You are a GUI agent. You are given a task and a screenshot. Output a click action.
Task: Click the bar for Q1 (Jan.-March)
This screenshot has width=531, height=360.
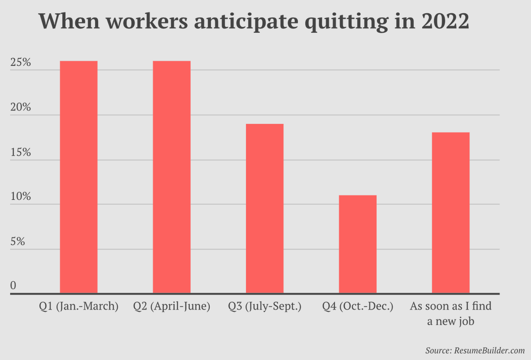(79, 177)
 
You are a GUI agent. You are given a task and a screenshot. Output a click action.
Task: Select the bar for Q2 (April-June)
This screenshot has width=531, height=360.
(172, 177)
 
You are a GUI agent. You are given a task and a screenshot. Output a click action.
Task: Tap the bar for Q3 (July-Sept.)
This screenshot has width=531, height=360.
(265, 208)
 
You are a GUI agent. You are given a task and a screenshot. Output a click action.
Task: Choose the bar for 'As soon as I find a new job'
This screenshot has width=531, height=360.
(450, 213)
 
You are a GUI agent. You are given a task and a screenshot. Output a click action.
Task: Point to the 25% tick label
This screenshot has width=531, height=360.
(20, 63)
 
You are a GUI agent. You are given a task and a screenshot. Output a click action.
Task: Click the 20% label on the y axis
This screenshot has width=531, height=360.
(20, 107)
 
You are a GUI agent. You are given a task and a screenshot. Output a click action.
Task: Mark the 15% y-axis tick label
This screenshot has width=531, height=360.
(20, 153)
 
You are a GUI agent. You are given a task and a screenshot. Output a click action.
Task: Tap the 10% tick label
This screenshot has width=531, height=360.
(20, 197)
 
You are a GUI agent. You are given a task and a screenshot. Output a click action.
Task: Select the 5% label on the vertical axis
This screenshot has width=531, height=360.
(18, 242)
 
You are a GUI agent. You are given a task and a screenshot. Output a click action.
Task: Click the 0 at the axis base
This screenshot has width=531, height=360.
(13, 286)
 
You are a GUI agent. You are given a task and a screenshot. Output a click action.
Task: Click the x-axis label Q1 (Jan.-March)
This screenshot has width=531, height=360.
(79, 306)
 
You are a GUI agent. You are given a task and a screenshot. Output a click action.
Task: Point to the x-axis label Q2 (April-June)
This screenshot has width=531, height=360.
(172, 306)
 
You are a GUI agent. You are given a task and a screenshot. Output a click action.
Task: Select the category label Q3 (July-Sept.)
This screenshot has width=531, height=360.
(265, 306)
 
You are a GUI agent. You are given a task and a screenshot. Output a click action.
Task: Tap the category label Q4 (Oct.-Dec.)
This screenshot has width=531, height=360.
(358, 306)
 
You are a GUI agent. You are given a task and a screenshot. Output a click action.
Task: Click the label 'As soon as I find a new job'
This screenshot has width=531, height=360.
(450, 314)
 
